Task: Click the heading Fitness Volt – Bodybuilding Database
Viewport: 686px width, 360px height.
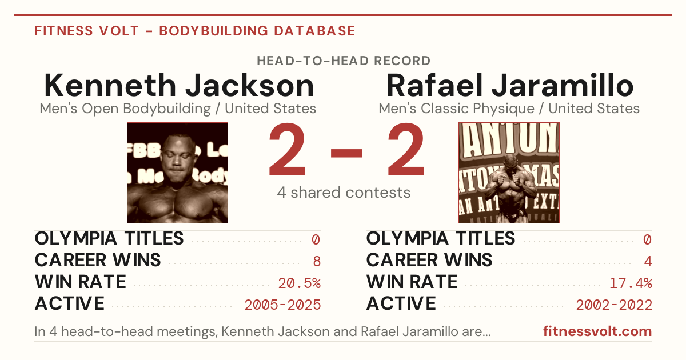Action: point(195,31)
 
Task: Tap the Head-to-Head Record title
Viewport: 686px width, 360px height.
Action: point(344,61)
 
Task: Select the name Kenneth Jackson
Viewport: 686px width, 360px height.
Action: point(179,85)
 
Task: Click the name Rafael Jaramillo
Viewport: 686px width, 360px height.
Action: point(510,85)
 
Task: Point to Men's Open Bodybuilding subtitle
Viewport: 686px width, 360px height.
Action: point(178,109)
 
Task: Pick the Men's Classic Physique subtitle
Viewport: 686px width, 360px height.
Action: point(509,109)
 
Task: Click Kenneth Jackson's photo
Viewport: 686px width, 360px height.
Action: point(178,173)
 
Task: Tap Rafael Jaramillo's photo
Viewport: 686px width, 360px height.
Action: point(509,173)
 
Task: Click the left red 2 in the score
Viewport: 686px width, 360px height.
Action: point(287,149)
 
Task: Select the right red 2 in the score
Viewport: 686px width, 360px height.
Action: point(406,149)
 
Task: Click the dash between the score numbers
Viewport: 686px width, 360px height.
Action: point(346,153)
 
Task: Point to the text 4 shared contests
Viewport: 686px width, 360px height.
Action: point(344,193)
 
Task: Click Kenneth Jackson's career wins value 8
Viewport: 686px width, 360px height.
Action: point(317,262)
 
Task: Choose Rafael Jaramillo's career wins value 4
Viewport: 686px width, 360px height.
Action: point(648,262)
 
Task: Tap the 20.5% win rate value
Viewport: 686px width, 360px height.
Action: point(300,283)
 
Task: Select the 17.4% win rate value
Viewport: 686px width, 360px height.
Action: point(631,283)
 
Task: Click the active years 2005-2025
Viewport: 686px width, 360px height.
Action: point(282,305)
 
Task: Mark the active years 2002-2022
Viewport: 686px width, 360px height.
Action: point(614,305)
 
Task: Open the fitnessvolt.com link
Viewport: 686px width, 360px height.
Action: point(597,331)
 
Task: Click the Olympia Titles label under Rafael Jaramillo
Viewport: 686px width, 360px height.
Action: point(441,238)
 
